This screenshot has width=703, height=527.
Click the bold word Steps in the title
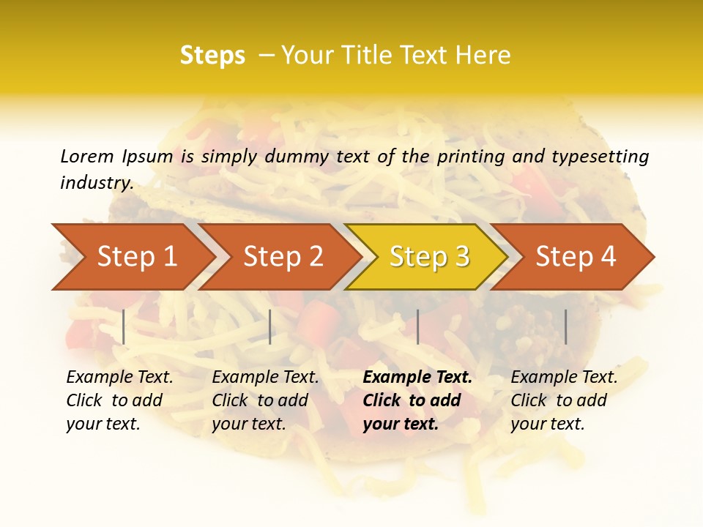[x=212, y=56]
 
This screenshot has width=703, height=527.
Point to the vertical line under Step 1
[x=124, y=326]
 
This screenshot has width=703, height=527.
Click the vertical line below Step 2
[x=270, y=326]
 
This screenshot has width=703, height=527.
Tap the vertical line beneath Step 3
[x=417, y=326]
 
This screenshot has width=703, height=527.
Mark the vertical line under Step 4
[x=565, y=326]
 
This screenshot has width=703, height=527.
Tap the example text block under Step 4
[x=564, y=400]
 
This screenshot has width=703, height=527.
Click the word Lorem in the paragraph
[x=87, y=156]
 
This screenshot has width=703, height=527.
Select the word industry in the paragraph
[x=96, y=183]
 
